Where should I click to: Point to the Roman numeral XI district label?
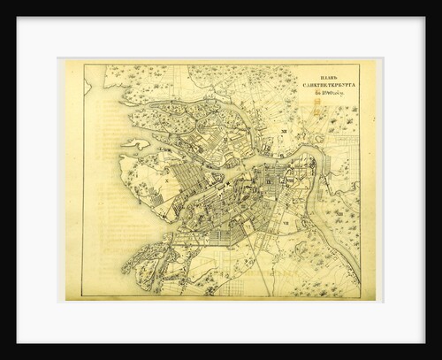[225, 139]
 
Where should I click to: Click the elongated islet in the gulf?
[138, 142]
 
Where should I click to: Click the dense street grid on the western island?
[190, 186]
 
